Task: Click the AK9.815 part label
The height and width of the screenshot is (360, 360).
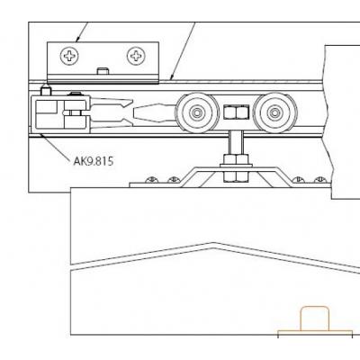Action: [x=94, y=161]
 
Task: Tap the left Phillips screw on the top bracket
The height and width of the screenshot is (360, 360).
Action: [x=69, y=56]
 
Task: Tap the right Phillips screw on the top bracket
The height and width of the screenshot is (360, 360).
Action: [x=136, y=56]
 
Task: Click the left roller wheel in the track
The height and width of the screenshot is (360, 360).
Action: [x=197, y=113]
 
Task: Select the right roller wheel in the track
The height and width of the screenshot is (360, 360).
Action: [x=274, y=113]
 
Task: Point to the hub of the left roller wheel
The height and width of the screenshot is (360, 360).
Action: [x=197, y=113]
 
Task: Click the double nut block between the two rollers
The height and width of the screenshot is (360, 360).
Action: [x=236, y=112]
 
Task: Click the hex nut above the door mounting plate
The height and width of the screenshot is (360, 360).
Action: [x=236, y=159]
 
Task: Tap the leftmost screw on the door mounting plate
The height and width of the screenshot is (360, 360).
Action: [x=152, y=180]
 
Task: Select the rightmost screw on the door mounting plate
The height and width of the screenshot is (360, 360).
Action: [x=320, y=180]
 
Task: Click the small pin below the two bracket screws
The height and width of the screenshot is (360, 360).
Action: [x=103, y=71]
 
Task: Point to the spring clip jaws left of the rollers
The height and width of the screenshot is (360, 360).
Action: [x=112, y=113]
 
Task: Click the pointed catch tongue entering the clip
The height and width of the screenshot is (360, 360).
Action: [x=155, y=113]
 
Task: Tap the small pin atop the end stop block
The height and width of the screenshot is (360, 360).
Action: [x=46, y=90]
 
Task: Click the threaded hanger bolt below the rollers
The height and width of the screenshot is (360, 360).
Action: [x=237, y=143]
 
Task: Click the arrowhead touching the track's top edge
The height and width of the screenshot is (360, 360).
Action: [x=172, y=76]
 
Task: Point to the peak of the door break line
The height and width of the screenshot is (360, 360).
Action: [x=213, y=243]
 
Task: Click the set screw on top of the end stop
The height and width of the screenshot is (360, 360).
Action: [x=76, y=94]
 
